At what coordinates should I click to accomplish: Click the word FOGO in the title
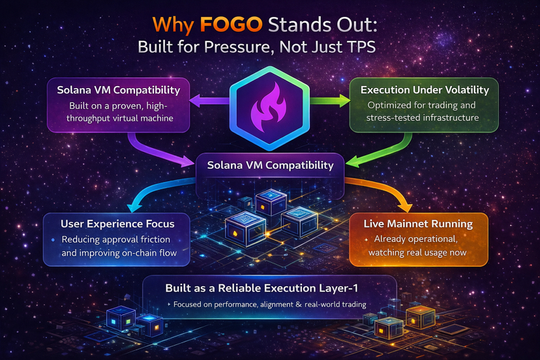click(231, 25)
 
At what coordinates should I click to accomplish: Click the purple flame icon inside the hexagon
click(269, 106)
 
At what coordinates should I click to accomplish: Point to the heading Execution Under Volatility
click(425, 90)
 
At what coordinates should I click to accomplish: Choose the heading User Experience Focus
click(117, 224)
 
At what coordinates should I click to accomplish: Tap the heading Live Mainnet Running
click(418, 224)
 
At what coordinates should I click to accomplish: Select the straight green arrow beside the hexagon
click(330, 100)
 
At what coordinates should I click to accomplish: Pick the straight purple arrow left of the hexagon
click(209, 101)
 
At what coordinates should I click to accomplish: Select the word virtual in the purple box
click(128, 118)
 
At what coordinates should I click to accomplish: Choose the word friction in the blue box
click(155, 239)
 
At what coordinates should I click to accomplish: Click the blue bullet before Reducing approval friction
click(53, 240)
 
